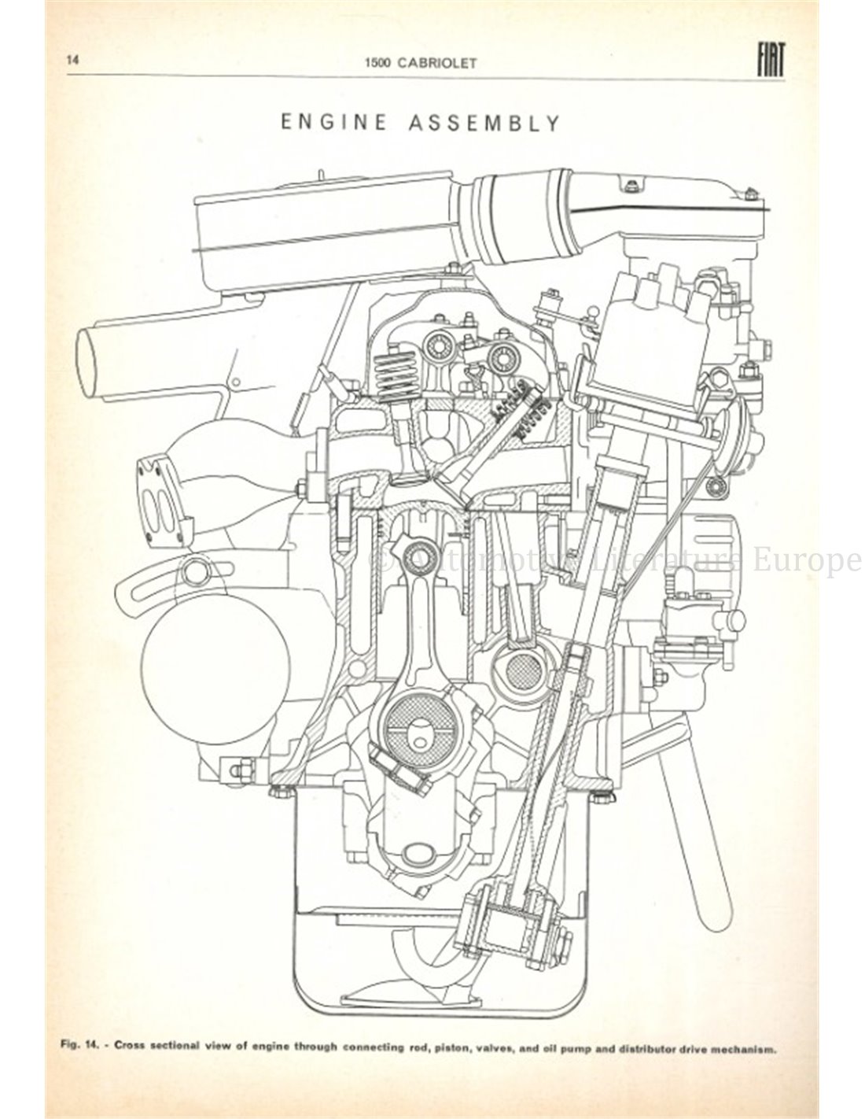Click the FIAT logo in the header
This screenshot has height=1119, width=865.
coord(771,61)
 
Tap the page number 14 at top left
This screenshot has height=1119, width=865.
coord(72,60)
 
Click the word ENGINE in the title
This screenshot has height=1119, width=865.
coord(333,123)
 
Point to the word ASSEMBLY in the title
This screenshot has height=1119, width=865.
coord(484,123)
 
